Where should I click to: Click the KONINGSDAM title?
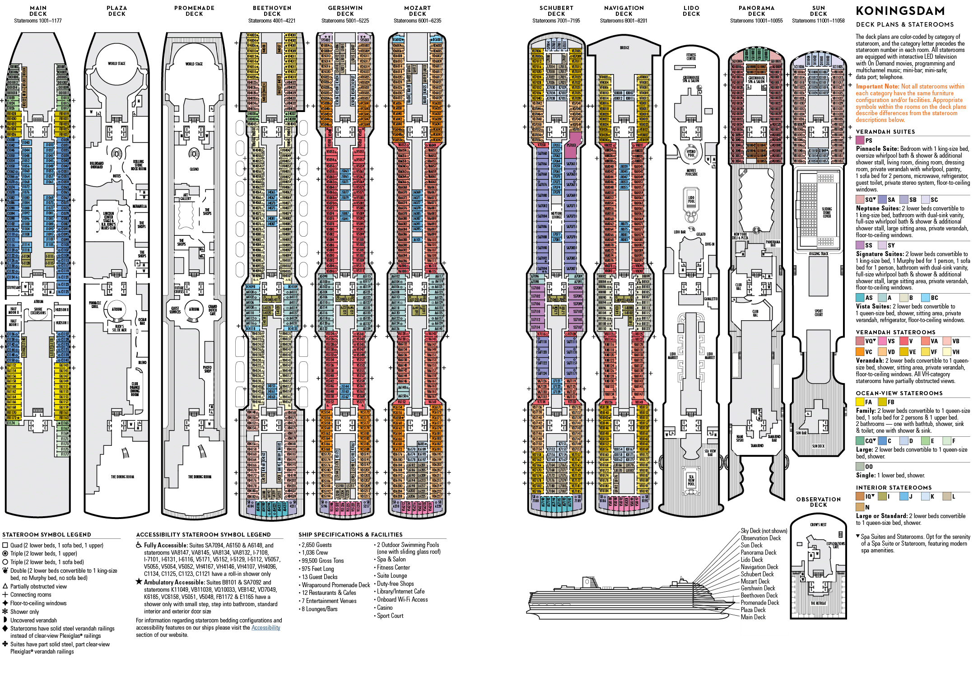[900, 11]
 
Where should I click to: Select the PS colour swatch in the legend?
[860, 140]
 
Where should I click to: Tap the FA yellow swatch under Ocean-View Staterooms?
[860, 402]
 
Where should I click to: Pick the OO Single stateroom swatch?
[860, 467]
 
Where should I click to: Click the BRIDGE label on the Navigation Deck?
[624, 48]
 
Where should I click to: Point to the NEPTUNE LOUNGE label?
[556, 215]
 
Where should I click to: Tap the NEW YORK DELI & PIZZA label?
[740, 236]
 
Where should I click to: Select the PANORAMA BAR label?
[773, 243]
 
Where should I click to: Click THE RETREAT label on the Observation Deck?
[818, 603]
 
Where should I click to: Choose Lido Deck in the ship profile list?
[752, 560]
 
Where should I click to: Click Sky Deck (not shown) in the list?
[764, 531]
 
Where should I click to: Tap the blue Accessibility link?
[265, 628]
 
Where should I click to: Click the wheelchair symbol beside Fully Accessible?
[139, 545]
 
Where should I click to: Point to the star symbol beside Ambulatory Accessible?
[139, 582]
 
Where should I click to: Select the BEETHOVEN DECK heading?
[272, 11]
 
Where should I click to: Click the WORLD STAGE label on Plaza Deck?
[116, 64]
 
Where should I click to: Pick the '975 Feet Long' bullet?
[318, 569]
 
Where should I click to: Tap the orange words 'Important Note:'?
[877, 86]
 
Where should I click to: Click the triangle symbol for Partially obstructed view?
[5, 586]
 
